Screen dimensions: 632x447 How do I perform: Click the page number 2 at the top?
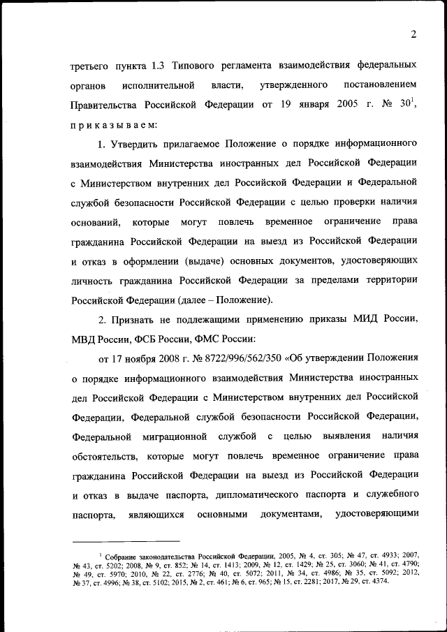[x=413, y=35]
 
